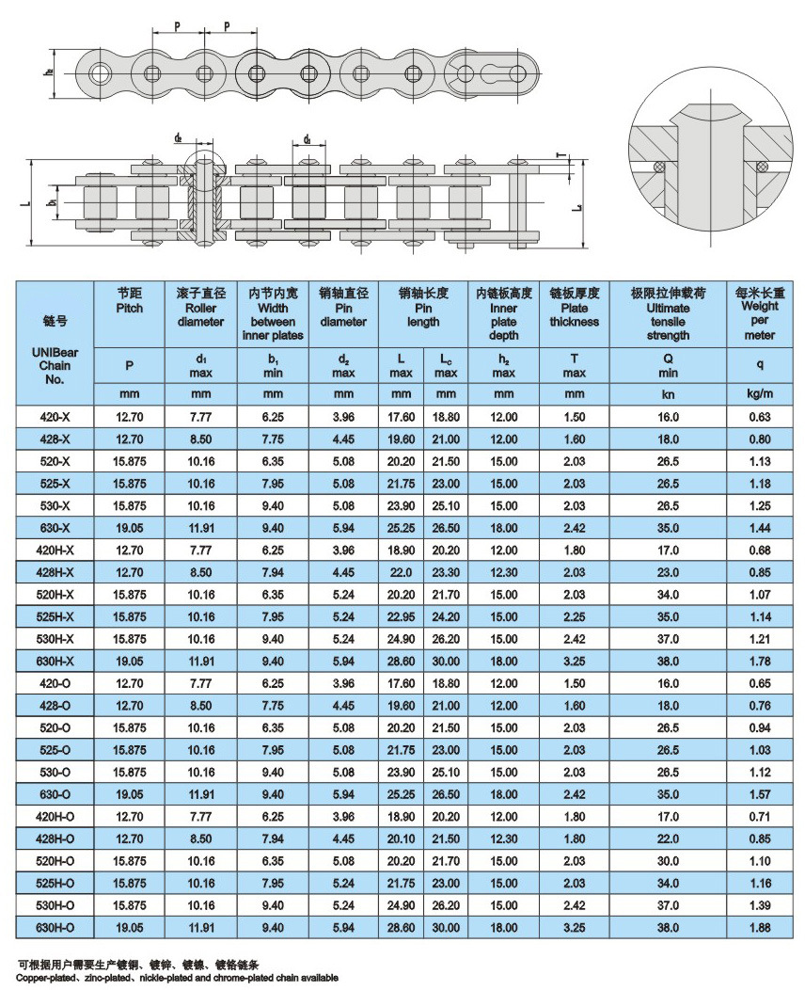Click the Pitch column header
129,301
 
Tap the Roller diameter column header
201,308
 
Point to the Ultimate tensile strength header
669,314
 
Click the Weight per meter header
760,314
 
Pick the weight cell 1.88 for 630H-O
760,927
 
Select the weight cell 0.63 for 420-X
760,417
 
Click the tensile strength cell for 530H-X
669,639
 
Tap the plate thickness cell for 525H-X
575,616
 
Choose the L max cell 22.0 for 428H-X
402,572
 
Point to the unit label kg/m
760,392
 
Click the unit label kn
669,392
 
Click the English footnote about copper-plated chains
179,977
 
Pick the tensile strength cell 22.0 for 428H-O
669,838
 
